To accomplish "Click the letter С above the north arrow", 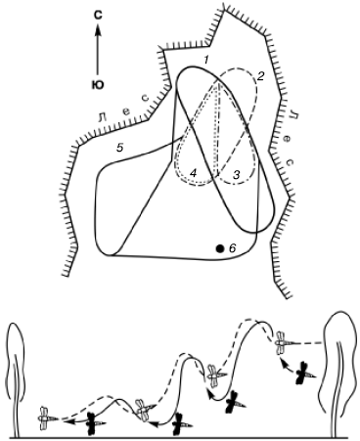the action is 98,16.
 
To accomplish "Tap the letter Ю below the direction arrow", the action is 97,85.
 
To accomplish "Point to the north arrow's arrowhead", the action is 98,31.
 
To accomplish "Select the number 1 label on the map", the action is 205,60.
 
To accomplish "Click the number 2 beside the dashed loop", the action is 260,77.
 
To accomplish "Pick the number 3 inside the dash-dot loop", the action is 237,175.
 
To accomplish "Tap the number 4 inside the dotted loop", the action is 193,173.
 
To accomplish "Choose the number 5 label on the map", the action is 120,148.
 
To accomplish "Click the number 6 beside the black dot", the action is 232,248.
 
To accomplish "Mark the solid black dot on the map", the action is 220,248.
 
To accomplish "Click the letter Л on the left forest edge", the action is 102,117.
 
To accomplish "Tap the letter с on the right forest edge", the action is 292,161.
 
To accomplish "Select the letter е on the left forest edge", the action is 126,111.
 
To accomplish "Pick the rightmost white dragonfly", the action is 283,342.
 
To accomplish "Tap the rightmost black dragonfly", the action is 304,373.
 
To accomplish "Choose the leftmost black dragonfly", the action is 94,423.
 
